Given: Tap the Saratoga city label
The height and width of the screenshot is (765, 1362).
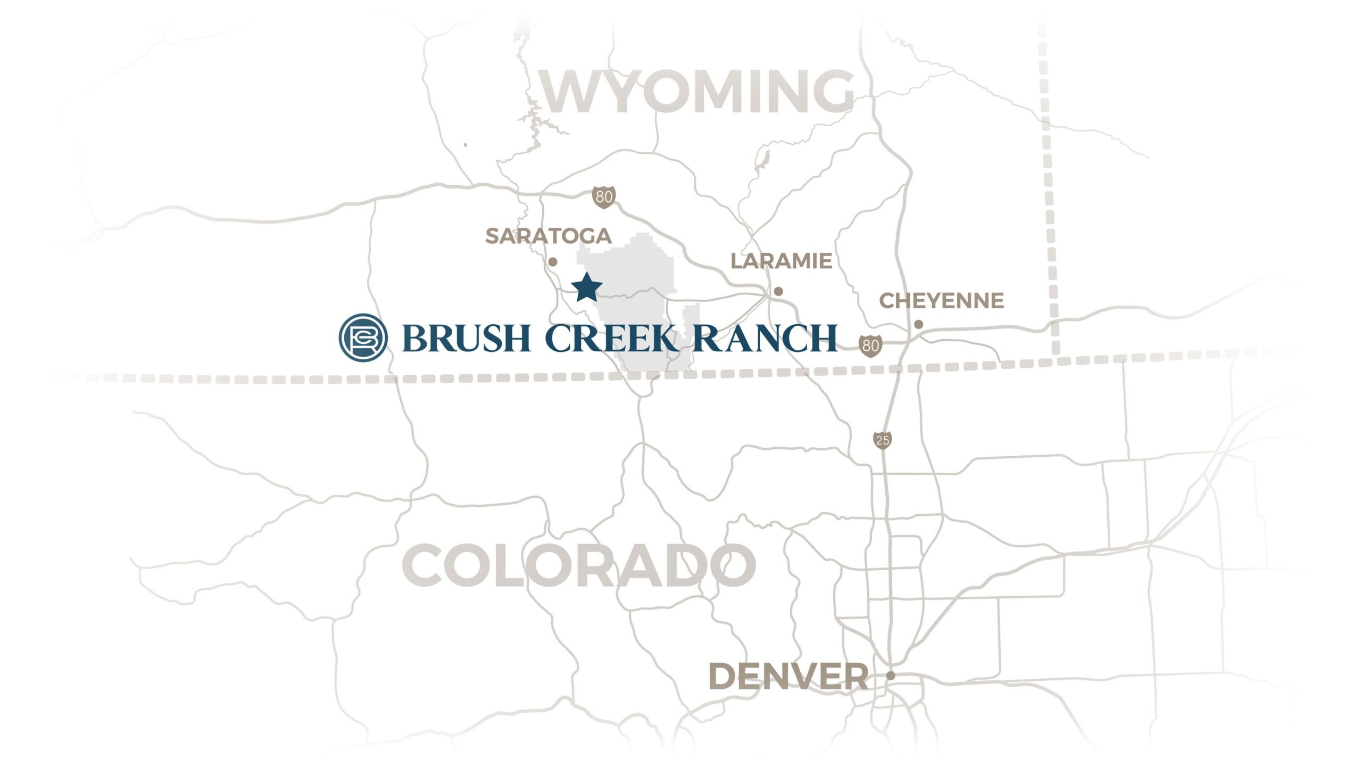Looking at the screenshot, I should point(548,236).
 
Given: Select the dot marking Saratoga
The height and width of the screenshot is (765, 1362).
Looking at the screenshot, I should point(553,262).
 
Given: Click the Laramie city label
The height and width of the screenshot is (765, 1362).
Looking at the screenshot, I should point(781,261).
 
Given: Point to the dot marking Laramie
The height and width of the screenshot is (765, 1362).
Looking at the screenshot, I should point(778,291).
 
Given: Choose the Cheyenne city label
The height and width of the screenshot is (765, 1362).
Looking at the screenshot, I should point(941,301).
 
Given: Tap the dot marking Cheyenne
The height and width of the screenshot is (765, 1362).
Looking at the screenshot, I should point(918,324).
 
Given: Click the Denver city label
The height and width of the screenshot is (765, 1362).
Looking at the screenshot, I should point(788,677).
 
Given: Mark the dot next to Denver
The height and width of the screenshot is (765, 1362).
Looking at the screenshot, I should point(891,676).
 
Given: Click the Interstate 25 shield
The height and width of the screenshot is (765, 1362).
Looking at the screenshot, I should point(882,440).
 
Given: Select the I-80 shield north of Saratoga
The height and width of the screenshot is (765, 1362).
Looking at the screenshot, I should point(604,197).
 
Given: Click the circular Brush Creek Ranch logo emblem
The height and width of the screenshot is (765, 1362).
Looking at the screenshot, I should point(363,338).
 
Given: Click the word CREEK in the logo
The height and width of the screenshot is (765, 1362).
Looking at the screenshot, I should point(611,338).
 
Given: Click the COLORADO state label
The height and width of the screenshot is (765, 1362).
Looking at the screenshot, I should point(579,565).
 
